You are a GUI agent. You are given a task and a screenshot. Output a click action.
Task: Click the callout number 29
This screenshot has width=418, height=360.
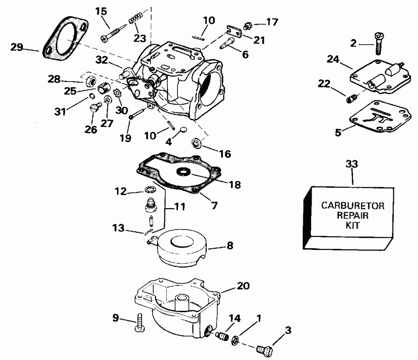coord(17,46)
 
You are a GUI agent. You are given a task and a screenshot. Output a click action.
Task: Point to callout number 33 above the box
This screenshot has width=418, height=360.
coord(353,164)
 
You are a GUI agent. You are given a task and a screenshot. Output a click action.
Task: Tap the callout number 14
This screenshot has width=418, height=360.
coord(235,319)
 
